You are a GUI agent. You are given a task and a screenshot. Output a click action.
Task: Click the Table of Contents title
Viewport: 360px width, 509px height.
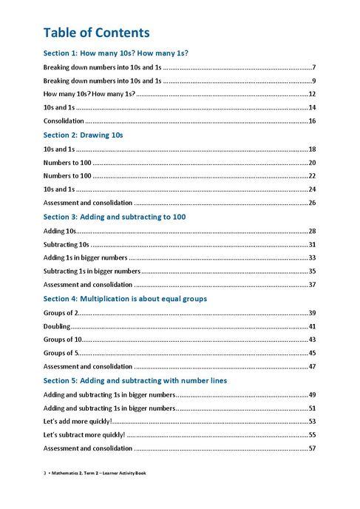click(x=96, y=33)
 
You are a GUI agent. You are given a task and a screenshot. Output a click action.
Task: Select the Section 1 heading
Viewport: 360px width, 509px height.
click(x=115, y=53)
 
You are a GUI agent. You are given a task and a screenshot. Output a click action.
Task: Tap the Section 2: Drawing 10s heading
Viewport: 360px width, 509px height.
click(x=83, y=135)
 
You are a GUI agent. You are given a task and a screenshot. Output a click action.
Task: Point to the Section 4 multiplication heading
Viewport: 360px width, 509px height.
click(x=125, y=299)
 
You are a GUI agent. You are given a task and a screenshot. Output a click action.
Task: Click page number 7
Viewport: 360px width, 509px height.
click(x=314, y=67)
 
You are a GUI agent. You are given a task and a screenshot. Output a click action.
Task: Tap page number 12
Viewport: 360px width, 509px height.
click(x=312, y=94)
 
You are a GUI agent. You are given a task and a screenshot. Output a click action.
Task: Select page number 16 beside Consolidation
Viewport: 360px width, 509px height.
click(x=312, y=121)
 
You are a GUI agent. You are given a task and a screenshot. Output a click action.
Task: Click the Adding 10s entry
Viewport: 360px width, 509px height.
click(x=60, y=231)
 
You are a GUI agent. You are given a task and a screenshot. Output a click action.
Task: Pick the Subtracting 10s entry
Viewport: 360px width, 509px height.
click(x=66, y=244)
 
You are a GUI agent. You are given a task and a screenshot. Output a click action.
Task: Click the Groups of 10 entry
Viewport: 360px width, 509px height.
click(x=62, y=340)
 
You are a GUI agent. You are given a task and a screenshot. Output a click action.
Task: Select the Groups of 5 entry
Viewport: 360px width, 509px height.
click(x=61, y=353)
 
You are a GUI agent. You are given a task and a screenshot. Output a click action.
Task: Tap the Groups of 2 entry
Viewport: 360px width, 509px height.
click(x=61, y=312)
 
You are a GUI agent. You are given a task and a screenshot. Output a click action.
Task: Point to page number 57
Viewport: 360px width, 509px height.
click(x=312, y=448)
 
